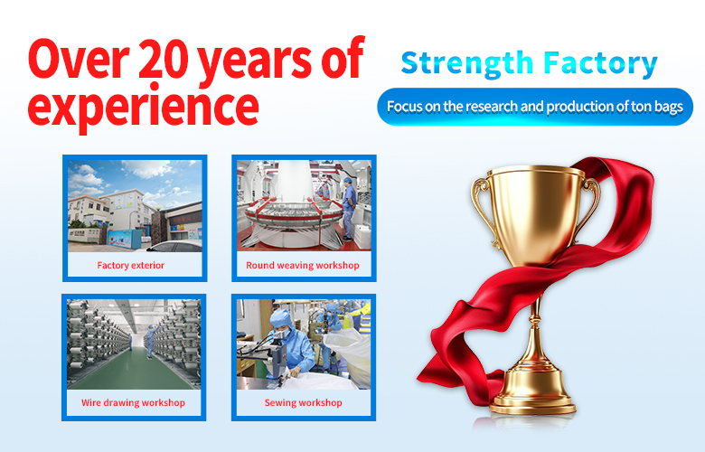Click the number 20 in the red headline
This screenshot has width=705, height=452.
(x=164, y=58)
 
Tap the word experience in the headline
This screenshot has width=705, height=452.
(x=144, y=108)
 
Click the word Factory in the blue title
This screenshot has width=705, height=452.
(x=600, y=64)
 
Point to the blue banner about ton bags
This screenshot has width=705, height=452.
(x=535, y=107)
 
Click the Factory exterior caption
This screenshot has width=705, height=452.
(x=131, y=266)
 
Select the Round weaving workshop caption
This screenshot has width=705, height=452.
(x=303, y=266)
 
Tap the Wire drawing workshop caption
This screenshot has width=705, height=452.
(x=133, y=402)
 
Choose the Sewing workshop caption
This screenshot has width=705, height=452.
(x=304, y=402)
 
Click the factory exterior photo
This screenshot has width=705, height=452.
(x=135, y=205)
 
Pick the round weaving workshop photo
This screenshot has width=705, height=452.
(x=304, y=205)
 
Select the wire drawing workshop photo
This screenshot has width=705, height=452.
(x=134, y=344)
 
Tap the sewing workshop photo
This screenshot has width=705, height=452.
(x=304, y=344)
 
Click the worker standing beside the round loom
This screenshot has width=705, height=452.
(x=349, y=208)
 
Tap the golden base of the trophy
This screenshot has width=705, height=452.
(x=532, y=391)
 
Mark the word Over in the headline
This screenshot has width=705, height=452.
(x=79, y=59)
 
